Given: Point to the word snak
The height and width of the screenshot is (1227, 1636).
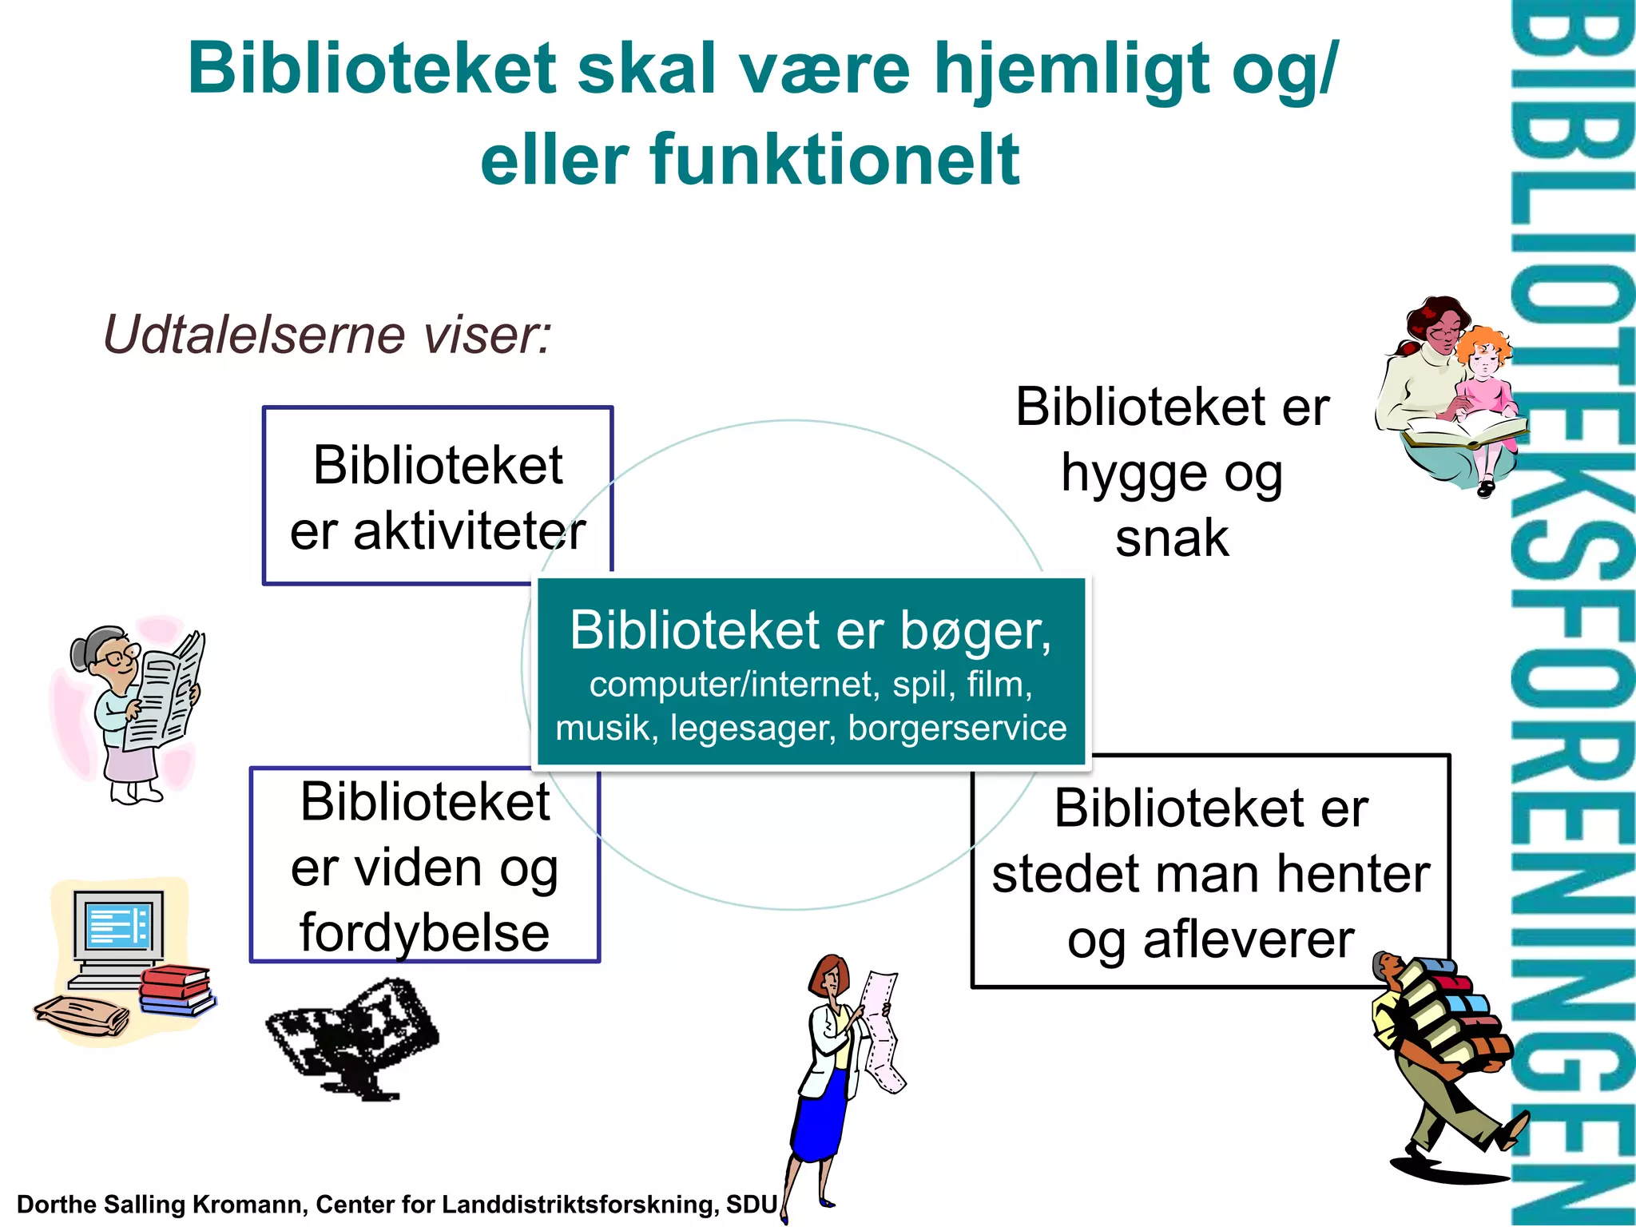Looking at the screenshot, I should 1172,538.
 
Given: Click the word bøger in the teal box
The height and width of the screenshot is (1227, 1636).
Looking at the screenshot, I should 975,631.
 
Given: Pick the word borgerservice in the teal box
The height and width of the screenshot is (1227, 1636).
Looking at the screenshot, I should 957,728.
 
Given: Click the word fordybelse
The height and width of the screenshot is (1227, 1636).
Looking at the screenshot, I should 424,933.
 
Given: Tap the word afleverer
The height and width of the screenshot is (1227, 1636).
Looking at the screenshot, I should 1249,939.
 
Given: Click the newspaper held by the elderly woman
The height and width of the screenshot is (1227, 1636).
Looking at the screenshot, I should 168,691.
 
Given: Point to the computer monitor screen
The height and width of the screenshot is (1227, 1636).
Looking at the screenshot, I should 118,925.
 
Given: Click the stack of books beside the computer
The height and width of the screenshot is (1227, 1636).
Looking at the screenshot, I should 176,991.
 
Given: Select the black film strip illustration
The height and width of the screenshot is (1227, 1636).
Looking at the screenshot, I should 354,1038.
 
